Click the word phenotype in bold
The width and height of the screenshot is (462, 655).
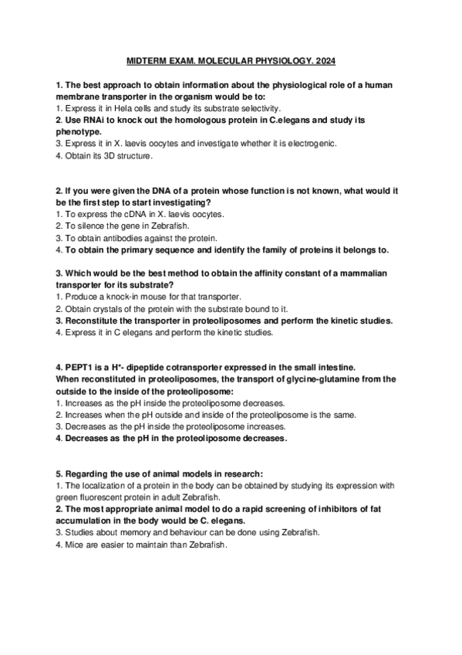[78, 132]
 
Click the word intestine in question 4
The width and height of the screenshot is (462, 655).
[332, 367]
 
